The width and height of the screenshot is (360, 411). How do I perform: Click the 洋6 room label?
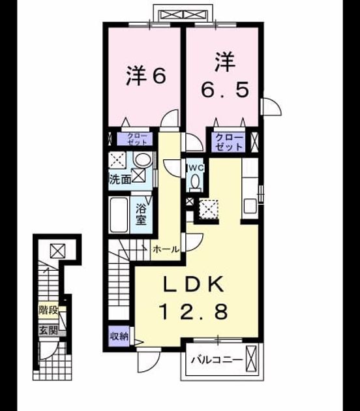(146, 76)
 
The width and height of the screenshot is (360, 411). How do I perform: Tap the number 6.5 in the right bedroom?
(225, 90)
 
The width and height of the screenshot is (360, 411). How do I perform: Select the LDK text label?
(194, 284)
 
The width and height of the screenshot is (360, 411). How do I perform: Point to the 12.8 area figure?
(194, 311)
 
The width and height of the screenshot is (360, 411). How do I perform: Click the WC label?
(195, 168)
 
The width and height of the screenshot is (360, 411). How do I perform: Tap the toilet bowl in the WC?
(194, 182)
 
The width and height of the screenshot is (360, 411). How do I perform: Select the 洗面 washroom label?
(120, 179)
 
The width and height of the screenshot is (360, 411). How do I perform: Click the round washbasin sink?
(143, 159)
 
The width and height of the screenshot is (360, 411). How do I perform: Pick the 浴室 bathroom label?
(141, 215)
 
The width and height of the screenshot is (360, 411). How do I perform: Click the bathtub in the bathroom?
(119, 215)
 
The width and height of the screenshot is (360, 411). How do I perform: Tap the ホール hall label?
(166, 249)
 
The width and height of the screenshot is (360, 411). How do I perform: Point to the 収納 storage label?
(119, 336)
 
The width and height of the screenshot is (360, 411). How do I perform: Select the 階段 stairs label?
(48, 311)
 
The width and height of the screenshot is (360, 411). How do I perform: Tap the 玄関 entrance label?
(48, 330)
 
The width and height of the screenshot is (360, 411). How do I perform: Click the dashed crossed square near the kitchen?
(209, 209)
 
